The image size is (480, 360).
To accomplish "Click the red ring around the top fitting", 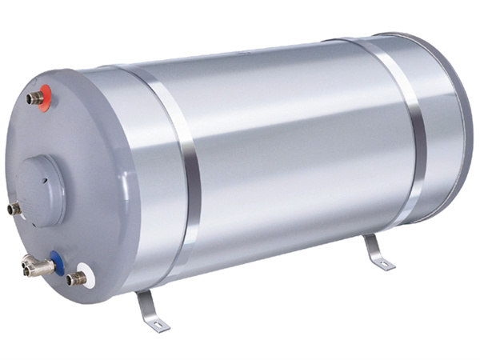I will (x=47, y=97).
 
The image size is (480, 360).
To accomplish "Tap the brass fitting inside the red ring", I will (x=36, y=99).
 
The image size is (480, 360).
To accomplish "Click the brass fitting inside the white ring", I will (x=75, y=279).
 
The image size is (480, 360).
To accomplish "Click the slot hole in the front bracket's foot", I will (x=158, y=324).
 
